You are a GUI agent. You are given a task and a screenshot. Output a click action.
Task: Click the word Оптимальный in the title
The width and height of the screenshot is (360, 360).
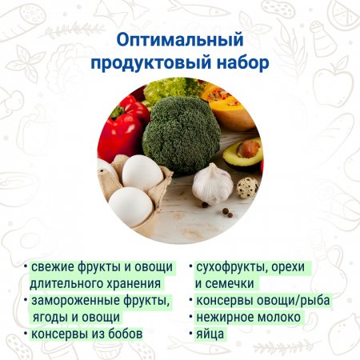180,40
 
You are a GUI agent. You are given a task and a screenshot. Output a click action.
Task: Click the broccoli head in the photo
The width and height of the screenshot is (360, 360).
182,134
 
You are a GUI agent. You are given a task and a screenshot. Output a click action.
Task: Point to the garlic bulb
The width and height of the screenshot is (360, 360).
213,185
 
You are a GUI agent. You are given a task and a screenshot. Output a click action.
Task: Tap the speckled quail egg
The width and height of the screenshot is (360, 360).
248,187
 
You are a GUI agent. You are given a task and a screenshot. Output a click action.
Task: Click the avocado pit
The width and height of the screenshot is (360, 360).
248,149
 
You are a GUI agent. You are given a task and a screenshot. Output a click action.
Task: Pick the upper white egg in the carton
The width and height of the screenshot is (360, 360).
142,173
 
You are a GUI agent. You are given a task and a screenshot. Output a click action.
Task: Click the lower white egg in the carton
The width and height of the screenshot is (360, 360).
131,206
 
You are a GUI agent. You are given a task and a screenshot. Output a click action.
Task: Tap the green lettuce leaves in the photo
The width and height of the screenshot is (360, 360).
170,90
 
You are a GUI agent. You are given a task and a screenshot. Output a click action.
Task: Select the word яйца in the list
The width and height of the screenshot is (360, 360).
210,334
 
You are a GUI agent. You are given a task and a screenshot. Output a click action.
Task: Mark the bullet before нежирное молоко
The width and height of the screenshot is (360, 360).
190,317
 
